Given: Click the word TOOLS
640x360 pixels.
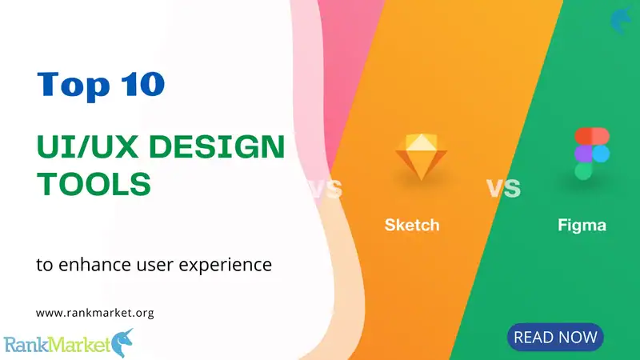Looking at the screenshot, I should [94, 185].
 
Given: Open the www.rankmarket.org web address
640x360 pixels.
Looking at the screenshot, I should [94, 313].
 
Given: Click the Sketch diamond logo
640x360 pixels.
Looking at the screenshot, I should [417, 156].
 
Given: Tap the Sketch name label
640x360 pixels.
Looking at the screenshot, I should [411, 225].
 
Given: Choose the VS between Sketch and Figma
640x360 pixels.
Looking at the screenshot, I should [503, 189].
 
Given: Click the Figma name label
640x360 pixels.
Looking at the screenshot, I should [582, 225].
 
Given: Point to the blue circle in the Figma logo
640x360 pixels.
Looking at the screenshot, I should [599, 153].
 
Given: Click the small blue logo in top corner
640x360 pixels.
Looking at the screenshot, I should [619, 20].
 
